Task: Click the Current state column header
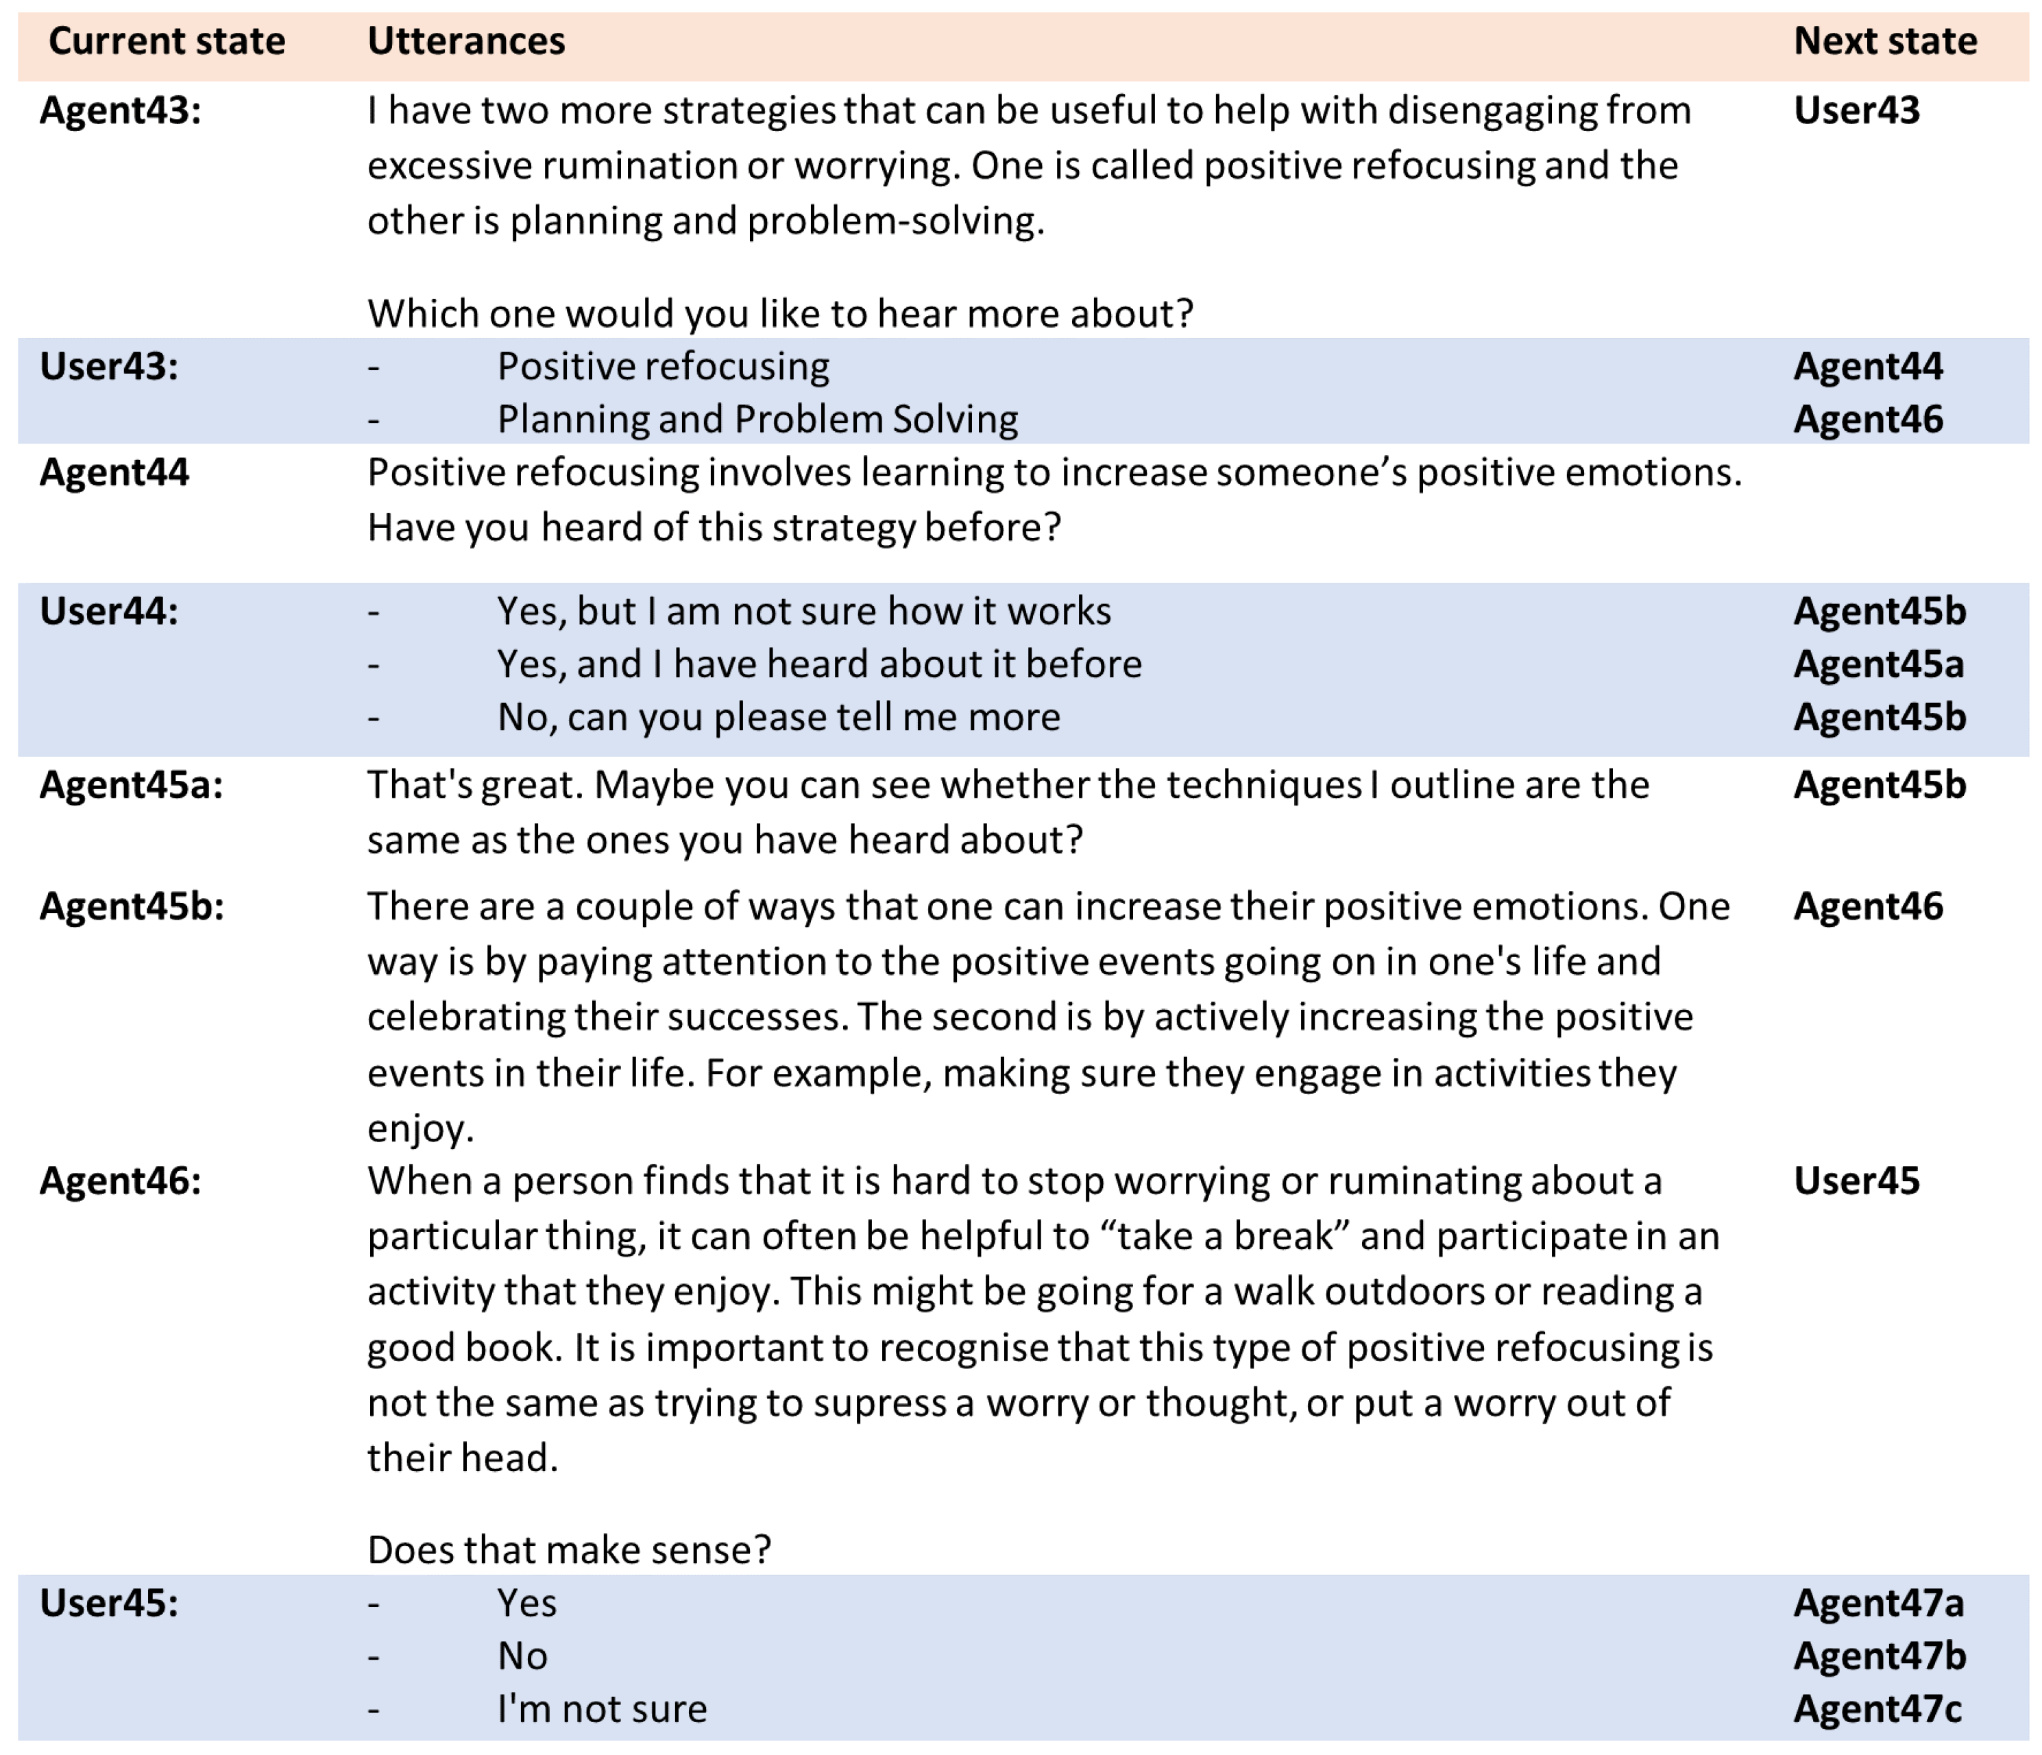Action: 167,41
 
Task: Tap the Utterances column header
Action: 466,41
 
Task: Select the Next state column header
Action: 1884,41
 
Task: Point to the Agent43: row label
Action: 120,110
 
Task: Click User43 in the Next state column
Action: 1856,110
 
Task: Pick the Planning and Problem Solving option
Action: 757,420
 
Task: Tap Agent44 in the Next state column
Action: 1868,367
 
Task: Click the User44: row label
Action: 108,611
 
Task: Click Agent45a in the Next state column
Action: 1878,664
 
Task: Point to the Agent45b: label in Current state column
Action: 131,906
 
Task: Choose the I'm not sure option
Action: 601,1708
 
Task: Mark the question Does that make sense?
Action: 569,1550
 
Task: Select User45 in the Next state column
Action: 1856,1181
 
